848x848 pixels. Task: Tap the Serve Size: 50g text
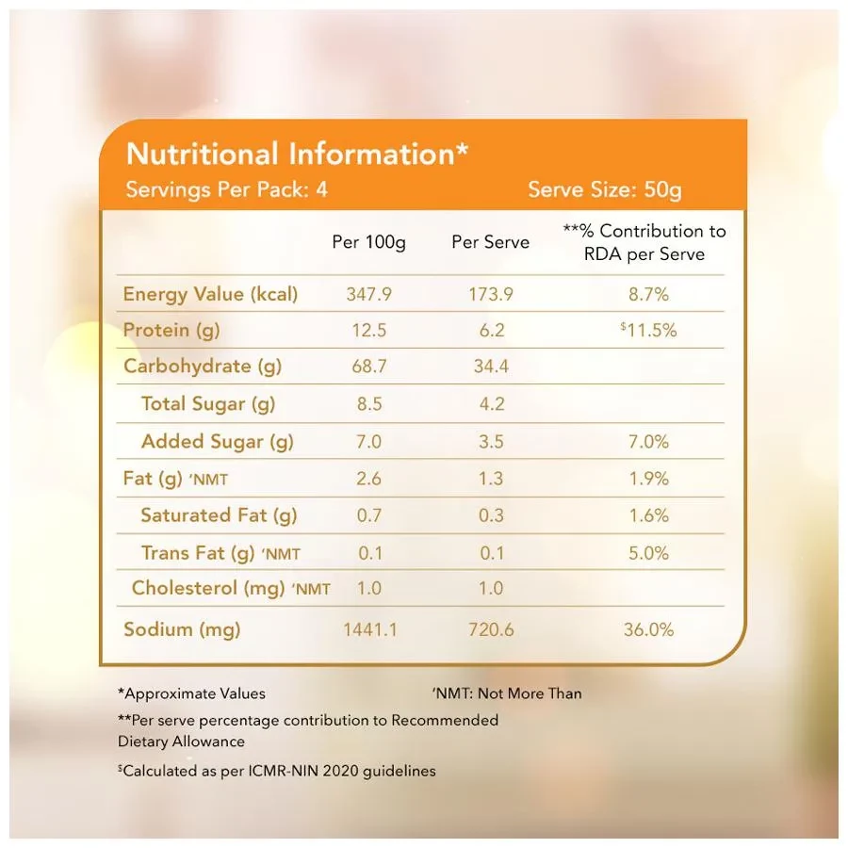[604, 189]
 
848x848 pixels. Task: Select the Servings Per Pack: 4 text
[227, 189]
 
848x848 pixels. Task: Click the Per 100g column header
[369, 242]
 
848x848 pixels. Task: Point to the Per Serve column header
[490, 242]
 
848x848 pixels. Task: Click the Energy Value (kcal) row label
[210, 294]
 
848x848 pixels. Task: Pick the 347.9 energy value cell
[368, 294]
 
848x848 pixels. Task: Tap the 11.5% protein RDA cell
[649, 331]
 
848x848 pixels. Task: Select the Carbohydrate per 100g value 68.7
[368, 367]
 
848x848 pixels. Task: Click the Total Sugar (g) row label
[207, 404]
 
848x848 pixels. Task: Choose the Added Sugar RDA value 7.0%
[648, 441]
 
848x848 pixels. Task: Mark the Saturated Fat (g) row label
[219, 515]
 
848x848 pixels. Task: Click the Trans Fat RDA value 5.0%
[648, 553]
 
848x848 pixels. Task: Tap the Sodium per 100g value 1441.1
[368, 629]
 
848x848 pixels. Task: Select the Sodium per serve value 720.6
[491, 629]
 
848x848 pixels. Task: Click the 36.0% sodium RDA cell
[648, 629]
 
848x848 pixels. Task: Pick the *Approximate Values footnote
[191, 693]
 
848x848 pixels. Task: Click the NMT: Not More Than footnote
[507, 693]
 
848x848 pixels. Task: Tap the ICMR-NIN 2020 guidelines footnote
[276, 771]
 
